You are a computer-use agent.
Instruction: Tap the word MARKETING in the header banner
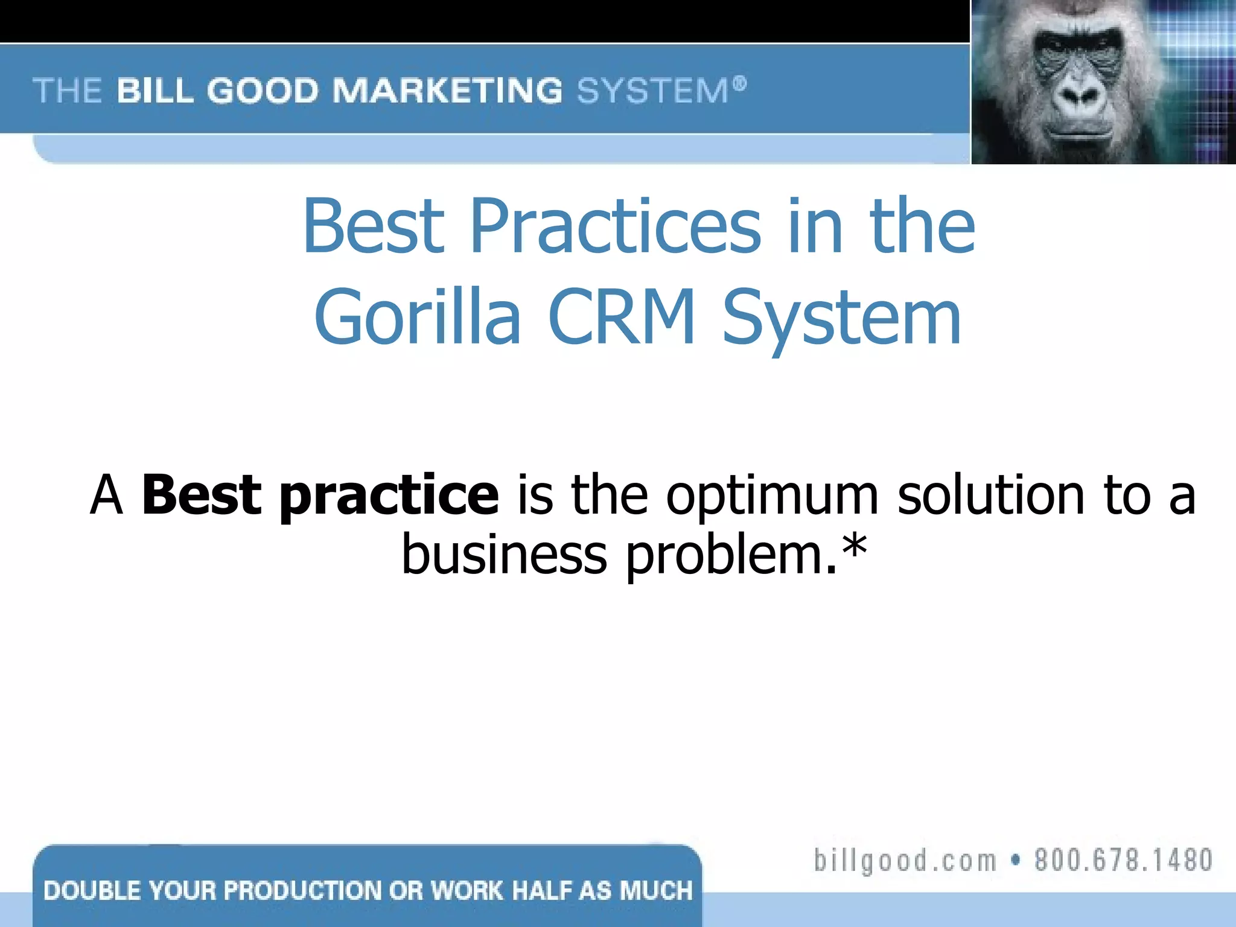pos(447,91)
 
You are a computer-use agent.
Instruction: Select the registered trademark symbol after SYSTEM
pos(740,83)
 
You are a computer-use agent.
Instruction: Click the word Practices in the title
pos(615,226)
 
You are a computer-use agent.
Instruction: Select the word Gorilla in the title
pos(417,317)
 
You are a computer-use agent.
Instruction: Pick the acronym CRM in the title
pos(621,317)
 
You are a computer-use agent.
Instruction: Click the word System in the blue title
pos(841,317)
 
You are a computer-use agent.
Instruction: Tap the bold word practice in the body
pos(389,496)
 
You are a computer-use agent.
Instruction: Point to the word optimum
pos(772,496)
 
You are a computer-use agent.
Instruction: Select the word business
pos(504,554)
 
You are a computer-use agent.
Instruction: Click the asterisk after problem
pos(855,546)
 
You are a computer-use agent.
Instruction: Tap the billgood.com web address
pos(905,859)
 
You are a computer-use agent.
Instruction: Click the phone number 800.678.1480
pos(1123,859)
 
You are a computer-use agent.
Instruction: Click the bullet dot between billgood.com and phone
pos(1016,860)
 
